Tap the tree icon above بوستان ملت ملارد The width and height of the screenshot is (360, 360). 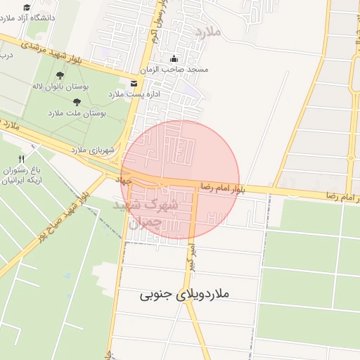click(77, 103)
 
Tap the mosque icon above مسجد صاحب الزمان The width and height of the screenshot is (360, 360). click(174, 58)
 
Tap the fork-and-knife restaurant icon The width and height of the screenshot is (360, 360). click(22, 159)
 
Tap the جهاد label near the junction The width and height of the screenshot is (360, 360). click(125, 181)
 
